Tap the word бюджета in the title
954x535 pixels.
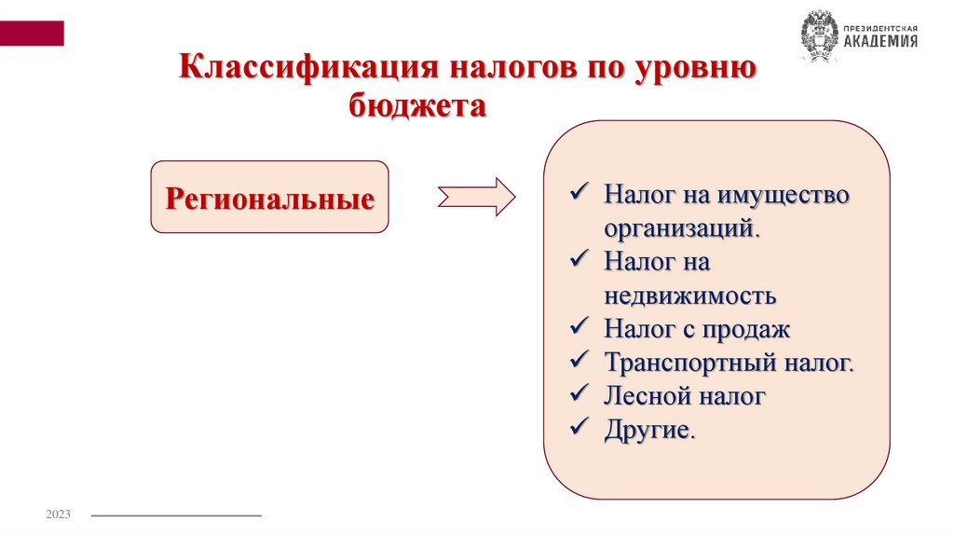coord(418,107)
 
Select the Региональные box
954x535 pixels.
coord(269,198)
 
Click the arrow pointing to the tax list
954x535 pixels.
coord(476,197)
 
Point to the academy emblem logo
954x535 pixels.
coord(819,35)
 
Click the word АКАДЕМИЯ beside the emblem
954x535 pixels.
coord(880,42)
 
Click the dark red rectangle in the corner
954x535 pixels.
coord(32,34)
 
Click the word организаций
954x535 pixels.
coord(682,228)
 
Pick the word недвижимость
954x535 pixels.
coord(689,296)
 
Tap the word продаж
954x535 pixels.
coord(745,329)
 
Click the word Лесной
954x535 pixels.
coord(644,395)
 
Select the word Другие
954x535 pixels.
coord(647,430)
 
